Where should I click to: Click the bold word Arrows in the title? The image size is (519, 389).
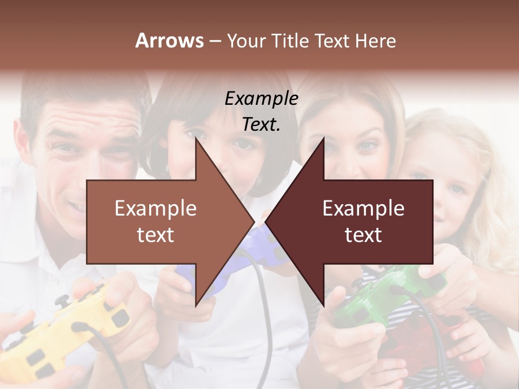click(169, 41)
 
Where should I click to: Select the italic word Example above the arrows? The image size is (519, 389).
click(261, 98)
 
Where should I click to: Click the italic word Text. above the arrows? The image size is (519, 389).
click(261, 124)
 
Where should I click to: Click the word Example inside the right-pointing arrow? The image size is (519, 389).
click(155, 208)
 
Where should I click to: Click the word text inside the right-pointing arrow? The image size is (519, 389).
click(155, 235)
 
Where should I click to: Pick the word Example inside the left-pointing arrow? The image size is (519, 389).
click(363, 208)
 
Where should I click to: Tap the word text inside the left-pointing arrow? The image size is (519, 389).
click(363, 235)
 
